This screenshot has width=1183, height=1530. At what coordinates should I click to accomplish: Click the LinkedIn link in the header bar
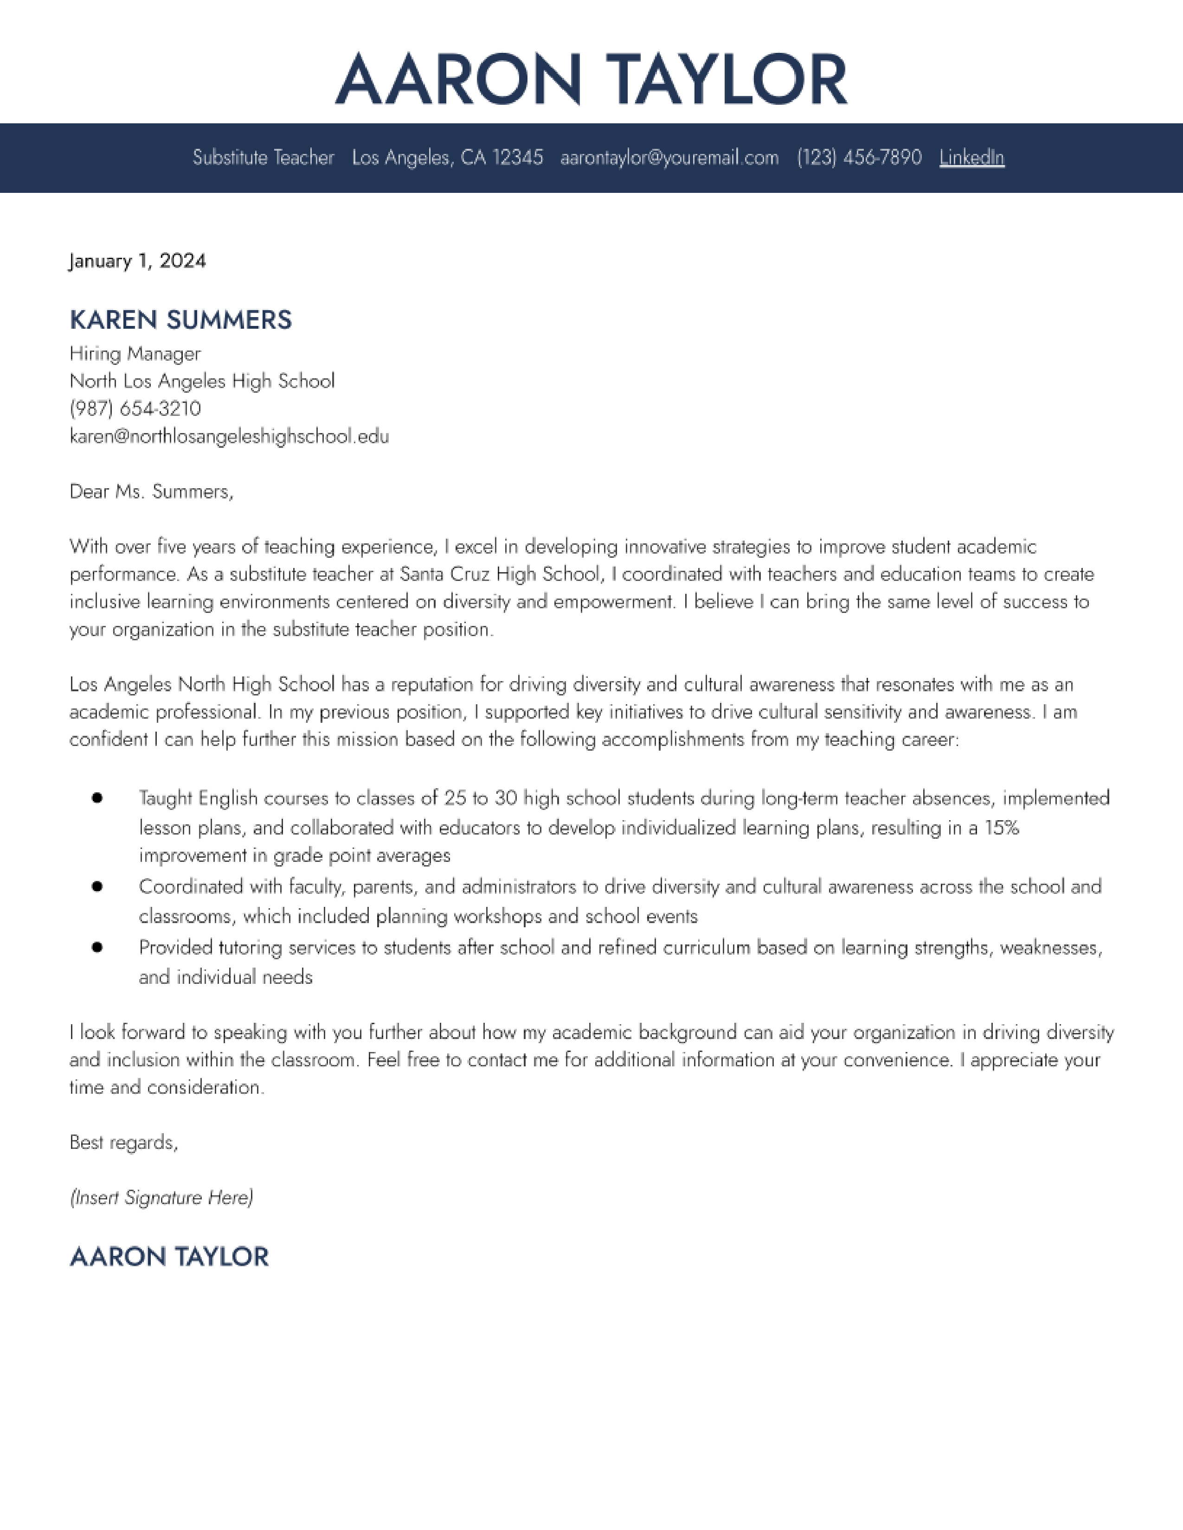click(971, 158)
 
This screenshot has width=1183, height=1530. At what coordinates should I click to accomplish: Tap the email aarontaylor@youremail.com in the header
click(669, 158)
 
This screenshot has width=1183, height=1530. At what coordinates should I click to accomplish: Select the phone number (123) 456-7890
click(859, 158)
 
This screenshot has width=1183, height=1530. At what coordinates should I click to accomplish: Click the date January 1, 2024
click(137, 261)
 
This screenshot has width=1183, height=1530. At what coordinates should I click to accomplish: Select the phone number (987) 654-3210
click(135, 408)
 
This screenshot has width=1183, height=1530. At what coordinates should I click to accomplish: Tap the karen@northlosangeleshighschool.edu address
click(229, 436)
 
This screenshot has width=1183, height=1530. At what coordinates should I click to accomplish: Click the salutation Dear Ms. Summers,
click(151, 492)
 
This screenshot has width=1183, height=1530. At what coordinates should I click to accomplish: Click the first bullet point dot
click(97, 798)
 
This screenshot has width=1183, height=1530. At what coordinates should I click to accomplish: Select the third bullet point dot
click(97, 947)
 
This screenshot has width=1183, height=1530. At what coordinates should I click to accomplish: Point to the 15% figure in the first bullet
click(1002, 828)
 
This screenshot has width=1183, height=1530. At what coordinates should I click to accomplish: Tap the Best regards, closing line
click(124, 1142)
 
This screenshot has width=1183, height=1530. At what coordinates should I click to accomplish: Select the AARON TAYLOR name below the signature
click(169, 1257)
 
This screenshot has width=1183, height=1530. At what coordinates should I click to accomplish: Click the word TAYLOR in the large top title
click(727, 79)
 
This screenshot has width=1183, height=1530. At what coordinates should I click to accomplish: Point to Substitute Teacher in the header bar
click(264, 158)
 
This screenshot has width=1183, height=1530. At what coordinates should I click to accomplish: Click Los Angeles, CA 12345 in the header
click(447, 158)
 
